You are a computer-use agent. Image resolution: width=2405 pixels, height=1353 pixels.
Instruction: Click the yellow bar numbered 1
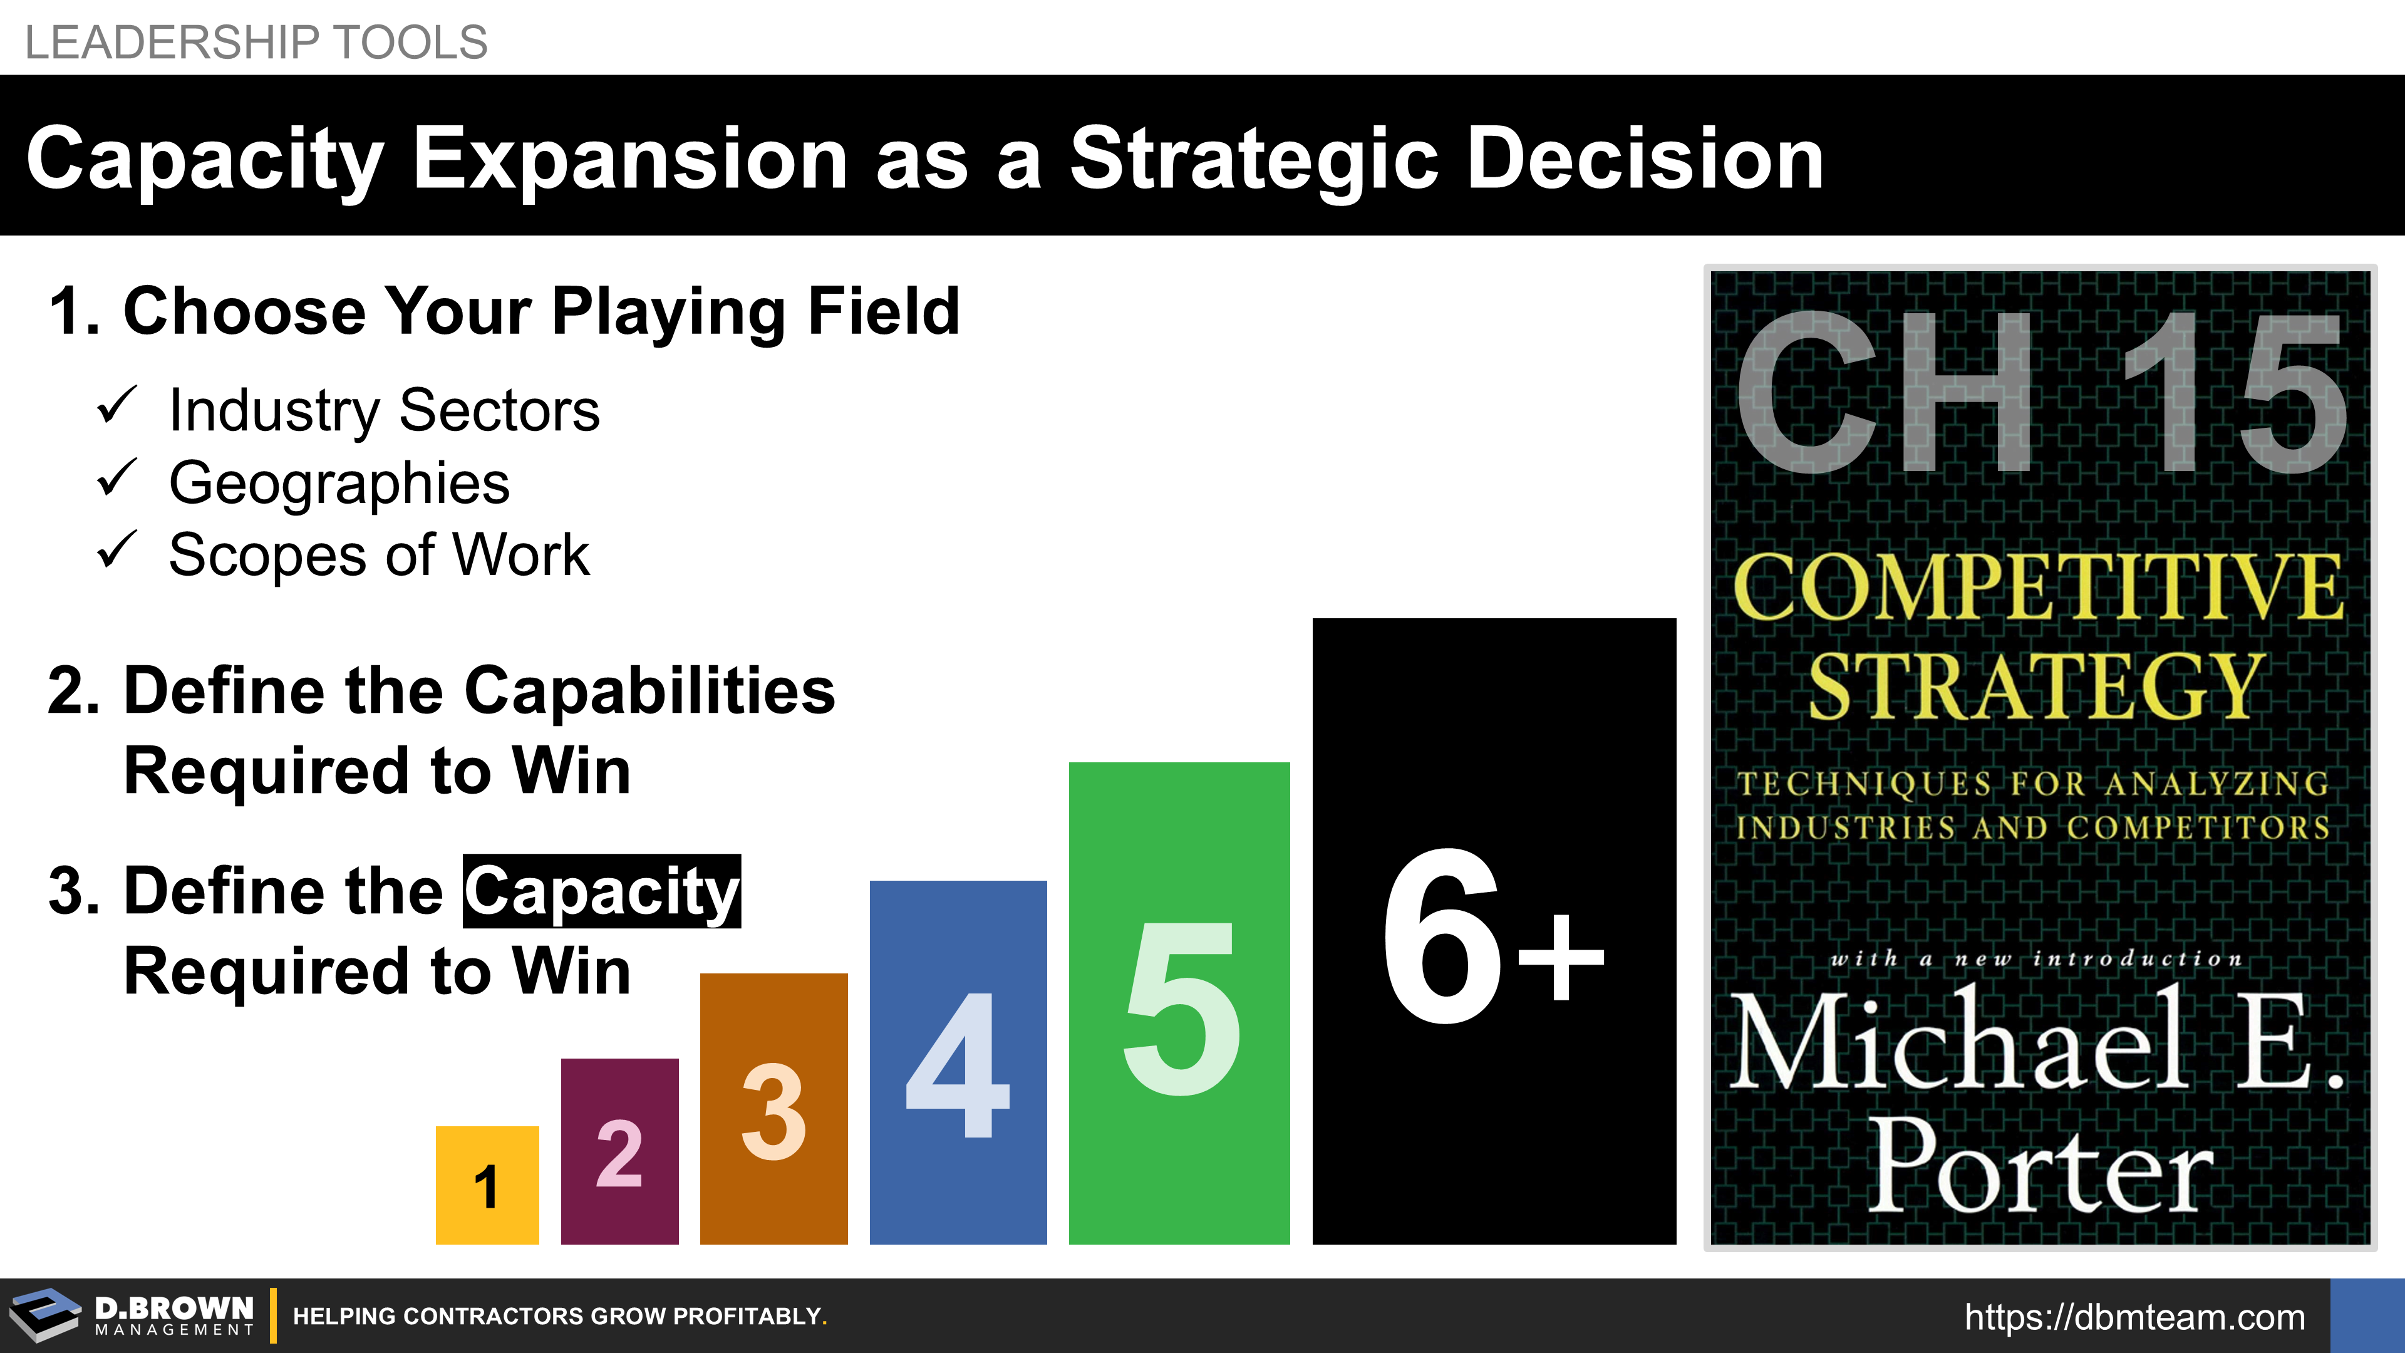(x=487, y=1185)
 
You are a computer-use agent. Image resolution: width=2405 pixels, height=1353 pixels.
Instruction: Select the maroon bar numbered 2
(x=620, y=1151)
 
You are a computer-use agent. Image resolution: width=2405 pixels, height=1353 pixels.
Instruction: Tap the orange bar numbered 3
(x=774, y=1108)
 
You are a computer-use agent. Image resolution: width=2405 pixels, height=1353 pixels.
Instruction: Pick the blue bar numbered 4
(x=958, y=1062)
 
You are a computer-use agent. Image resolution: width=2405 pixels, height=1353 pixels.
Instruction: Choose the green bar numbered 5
(x=1179, y=1003)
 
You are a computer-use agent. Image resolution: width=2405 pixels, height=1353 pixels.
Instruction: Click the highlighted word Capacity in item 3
(x=602, y=892)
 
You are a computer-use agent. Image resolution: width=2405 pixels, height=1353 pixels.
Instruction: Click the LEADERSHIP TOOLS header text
(x=256, y=42)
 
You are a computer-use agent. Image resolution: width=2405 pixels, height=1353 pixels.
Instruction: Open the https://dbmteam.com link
(x=2134, y=1317)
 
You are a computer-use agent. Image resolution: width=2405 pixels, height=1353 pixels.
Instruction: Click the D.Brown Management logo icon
(x=46, y=1315)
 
